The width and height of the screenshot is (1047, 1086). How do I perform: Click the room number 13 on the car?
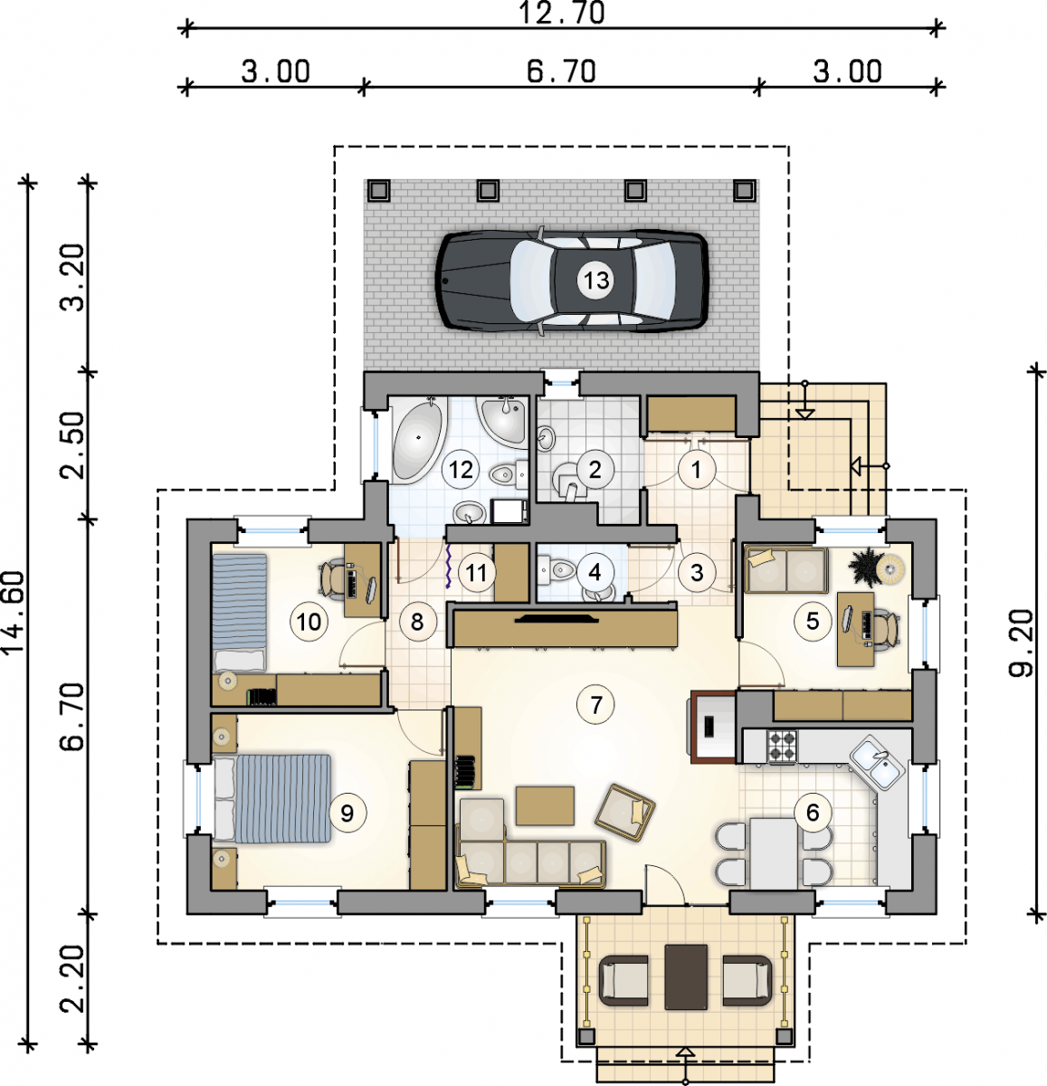pyautogui.click(x=596, y=280)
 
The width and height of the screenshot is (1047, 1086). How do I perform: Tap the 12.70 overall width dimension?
pyautogui.click(x=561, y=13)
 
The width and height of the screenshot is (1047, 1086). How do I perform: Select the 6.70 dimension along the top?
pyautogui.click(x=561, y=72)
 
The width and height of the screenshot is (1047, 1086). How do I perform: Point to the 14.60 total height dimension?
pyautogui.click(x=13, y=612)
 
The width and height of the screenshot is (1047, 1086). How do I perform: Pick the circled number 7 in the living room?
pyautogui.click(x=596, y=705)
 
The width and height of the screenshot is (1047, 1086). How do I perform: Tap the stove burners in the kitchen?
pyautogui.click(x=782, y=747)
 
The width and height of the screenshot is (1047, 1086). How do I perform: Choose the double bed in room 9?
pyautogui.click(x=272, y=798)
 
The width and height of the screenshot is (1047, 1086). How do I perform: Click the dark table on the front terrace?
pyautogui.click(x=686, y=977)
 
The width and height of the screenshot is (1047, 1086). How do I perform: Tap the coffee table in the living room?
pyautogui.click(x=545, y=805)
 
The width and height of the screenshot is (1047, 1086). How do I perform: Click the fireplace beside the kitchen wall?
pyautogui.click(x=713, y=727)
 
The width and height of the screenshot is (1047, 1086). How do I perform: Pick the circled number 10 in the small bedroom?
pyautogui.click(x=309, y=622)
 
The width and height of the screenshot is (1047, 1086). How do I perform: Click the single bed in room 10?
pyautogui.click(x=240, y=612)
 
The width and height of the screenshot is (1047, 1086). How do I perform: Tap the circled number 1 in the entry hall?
pyautogui.click(x=696, y=470)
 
